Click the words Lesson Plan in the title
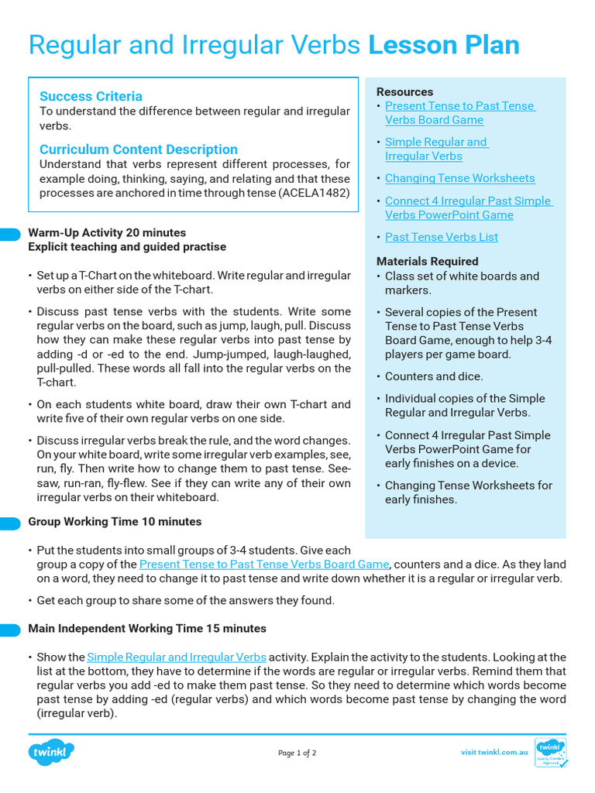point(443,46)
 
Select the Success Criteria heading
point(91,96)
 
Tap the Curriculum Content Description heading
point(138,149)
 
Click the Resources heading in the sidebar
point(404,91)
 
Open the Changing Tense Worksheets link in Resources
point(459,178)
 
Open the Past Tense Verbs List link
point(441,237)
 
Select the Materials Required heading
point(427,261)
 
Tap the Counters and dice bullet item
point(434,376)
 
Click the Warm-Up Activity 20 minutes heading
point(107,232)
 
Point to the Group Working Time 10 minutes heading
point(115,521)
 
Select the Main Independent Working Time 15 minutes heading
point(147,628)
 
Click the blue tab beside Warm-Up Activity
point(10,234)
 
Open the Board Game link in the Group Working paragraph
point(263,565)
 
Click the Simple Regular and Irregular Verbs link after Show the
point(177,657)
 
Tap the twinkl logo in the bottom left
point(51,752)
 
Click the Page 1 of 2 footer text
point(297,753)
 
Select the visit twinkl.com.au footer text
point(494,752)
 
